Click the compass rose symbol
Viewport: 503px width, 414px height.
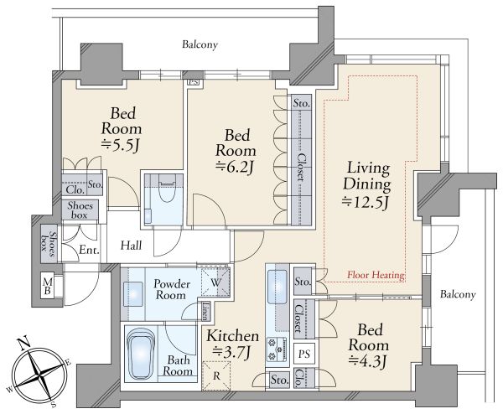pos(39,374)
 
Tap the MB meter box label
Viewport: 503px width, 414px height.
pos(48,287)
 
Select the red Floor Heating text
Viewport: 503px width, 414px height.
pos(376,275)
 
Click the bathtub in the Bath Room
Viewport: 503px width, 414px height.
pos(141,354)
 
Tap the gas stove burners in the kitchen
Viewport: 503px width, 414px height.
pos(276,349)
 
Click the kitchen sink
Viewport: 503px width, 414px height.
pos(277,287)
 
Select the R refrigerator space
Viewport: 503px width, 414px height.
pos(216,375)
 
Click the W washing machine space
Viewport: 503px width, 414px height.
pos(215,282)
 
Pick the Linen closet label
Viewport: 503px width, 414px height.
pos(205,311)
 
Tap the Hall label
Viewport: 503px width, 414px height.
pos(132,246)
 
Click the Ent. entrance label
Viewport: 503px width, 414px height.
pos(89,250)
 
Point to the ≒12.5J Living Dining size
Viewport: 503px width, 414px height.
pos(366,203)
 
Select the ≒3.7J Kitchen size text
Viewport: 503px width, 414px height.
pos(232,353)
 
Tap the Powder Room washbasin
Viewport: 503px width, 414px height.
pos(133,292)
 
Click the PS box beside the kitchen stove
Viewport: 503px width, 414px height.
pos(304,354)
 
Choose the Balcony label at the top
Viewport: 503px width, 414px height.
pos(200,44)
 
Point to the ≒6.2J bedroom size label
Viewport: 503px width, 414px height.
pos(235,167)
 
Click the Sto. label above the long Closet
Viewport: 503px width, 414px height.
pos(302,104)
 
